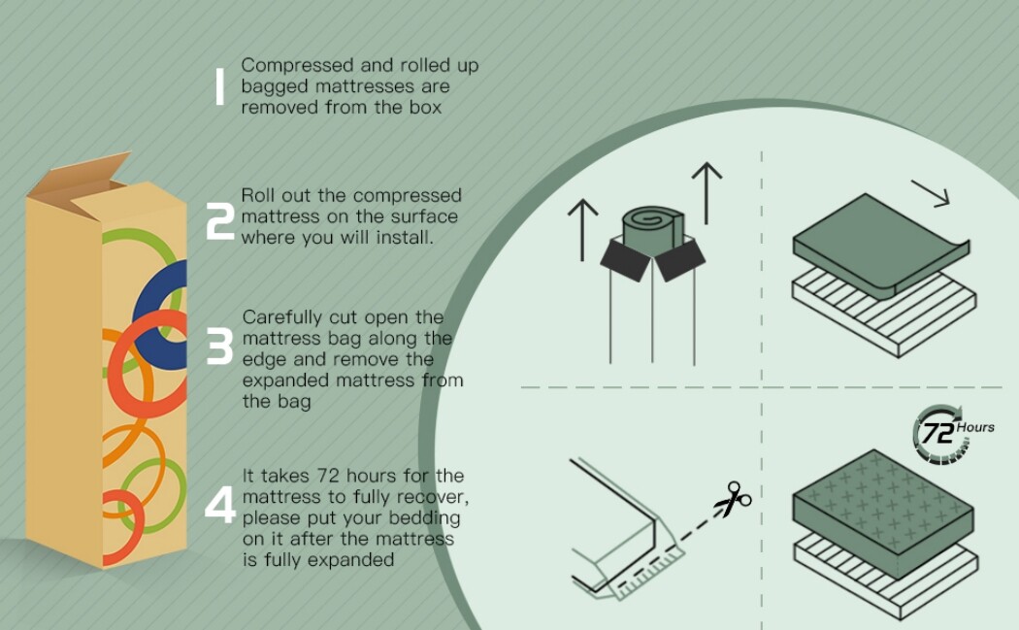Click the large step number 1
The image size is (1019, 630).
coord(219,87)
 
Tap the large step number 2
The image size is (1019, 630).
coord(219,221)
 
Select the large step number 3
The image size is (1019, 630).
coord(219,346)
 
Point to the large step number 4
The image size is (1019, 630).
coord(220,505)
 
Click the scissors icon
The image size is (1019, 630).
coord(733,499)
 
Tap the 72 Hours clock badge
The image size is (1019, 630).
coord(950,433)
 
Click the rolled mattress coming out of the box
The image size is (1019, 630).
coord(653,227)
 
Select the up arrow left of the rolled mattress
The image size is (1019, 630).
coord(582,230)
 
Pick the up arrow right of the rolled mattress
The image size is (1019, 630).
coord(707,193)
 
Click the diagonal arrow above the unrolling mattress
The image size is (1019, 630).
coord(931,194)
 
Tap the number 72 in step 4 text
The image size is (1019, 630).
coord(329,476)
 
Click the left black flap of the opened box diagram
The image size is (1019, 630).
coord(625,259)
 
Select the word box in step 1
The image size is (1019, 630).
coord(425,108)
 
